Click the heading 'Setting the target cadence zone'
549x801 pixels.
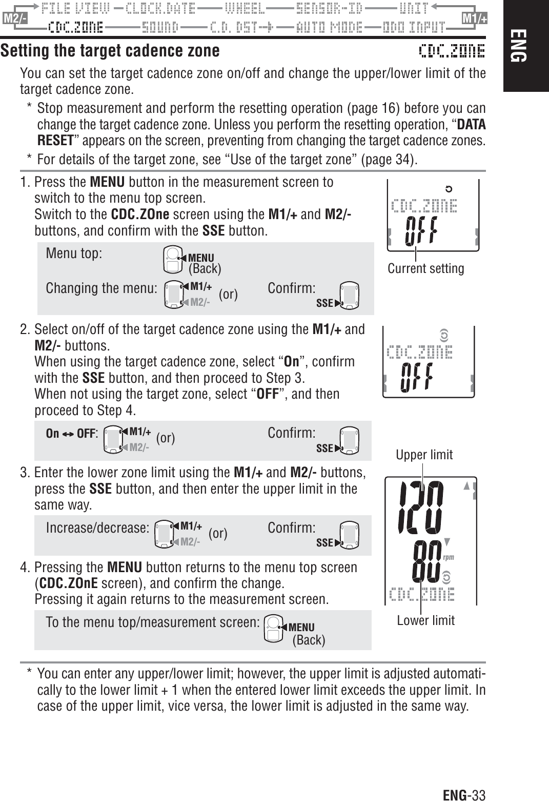click(x=110, y=51)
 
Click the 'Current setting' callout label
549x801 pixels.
click(x=425, y=268)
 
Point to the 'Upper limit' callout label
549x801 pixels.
click(x=424, y=455)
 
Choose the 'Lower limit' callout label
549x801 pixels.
click(x=425, y=620)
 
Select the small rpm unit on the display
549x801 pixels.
click(x=449, y=557)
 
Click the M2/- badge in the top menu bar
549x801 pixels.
click(x=14, y=19)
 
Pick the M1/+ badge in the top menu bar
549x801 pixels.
click(x=474, y=19)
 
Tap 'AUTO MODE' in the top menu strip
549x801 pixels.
click(x=330, y=26)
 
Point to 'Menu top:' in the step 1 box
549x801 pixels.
click(x=74, y=254)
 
